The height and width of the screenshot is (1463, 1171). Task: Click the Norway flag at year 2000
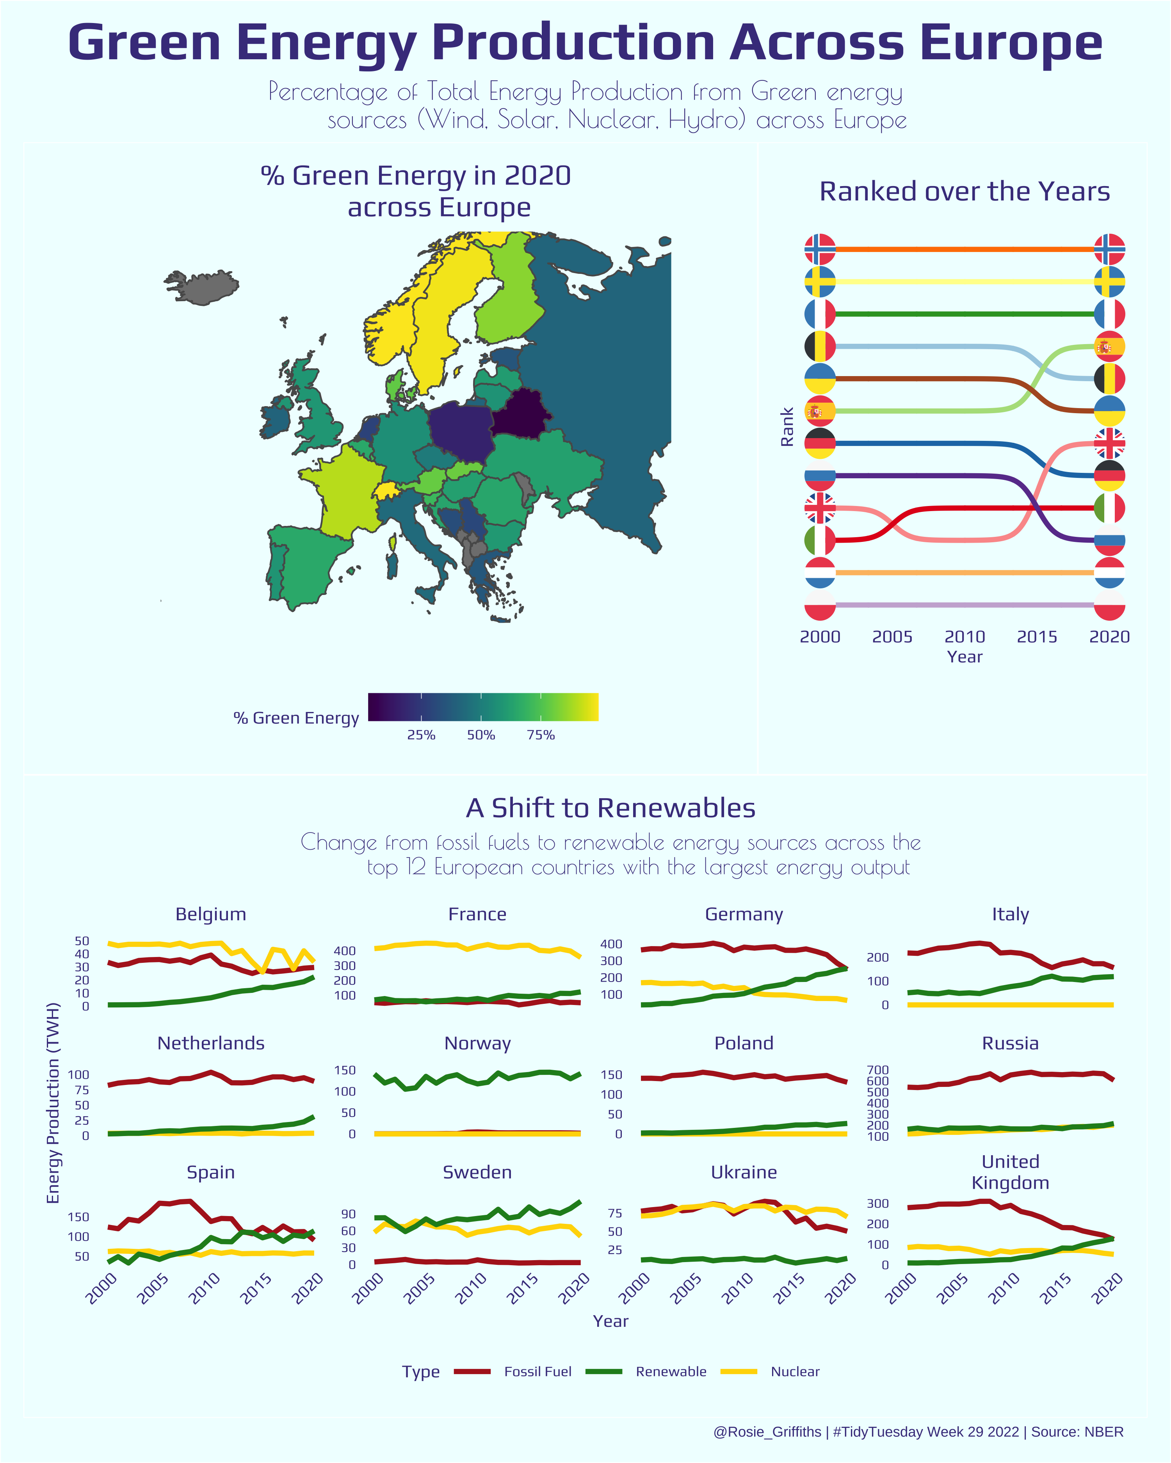point(820,249)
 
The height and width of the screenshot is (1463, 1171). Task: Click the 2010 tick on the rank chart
point(965,636)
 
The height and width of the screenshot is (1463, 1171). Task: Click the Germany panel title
point(744,914)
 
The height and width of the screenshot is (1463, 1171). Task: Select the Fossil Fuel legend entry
point(537,1371)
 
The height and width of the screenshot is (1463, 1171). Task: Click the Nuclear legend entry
point(795,1371)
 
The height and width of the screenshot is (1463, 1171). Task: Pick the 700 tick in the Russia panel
point(878,1070)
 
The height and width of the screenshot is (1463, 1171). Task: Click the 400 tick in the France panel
point(345,951)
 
